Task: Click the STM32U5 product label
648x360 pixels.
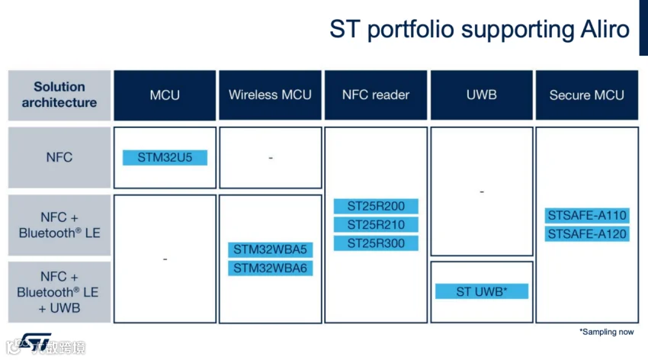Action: coord(165,158)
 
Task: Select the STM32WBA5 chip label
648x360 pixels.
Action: coord(270,249)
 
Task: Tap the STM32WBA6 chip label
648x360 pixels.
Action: coord(270,268)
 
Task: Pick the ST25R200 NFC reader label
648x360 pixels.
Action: coord(376,206)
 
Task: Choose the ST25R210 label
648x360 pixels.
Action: coord(376,225)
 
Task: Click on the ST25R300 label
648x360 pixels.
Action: coord(376,244)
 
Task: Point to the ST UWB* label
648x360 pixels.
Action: coord(482,291)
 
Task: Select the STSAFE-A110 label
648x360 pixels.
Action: coord(587,215)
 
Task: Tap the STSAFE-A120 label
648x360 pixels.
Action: coord(587,233)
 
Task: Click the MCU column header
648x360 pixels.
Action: coord(165,95)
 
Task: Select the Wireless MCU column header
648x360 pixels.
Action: coord(270,95)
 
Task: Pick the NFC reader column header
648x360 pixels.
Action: coord(376,95)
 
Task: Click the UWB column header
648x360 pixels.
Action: coord(482,95)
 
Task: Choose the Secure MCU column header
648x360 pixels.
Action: coord(587,95)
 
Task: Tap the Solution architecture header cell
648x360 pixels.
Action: coord(59,95)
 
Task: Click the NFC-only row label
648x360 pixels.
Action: coord(59,158)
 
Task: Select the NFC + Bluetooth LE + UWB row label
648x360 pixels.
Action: coord(59,292)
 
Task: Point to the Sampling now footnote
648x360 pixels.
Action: coord(608,333)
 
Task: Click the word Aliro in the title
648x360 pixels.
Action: coord(602,29)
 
